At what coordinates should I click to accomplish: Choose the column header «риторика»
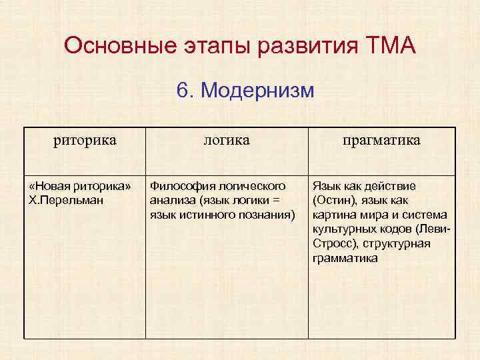(85, 140)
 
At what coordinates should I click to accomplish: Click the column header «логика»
(227, 140)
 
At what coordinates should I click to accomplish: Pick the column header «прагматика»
(381, 140)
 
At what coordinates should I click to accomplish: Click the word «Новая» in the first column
(51, 185)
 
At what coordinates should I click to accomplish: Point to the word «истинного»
(209, 214)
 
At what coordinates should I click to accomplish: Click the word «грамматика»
(345, 257)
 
